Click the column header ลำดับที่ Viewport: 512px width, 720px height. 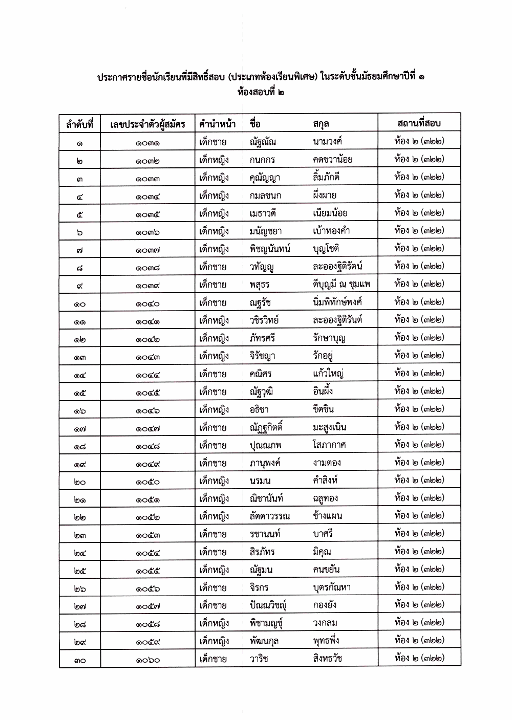coord(79,124)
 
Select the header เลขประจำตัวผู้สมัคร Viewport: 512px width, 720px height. coord(147,124)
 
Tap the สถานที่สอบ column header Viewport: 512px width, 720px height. coord(419,123)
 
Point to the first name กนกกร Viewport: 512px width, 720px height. coord(262,160)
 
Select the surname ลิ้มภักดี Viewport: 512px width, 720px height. coord(326,177)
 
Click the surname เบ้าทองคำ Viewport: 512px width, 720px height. coord(331,230)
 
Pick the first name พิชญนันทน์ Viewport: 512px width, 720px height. coord(270,249)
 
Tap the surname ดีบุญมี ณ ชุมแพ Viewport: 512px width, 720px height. coord(341,284)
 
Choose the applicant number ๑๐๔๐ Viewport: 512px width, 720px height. coord(147,304)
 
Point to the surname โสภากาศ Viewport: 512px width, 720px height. coord(329,445)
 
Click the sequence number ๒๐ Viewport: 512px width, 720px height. coord(79,482)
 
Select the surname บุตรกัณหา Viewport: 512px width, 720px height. coord(331,587)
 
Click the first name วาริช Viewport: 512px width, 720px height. coord(259,659)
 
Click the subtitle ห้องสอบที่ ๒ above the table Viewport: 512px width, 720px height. coord(261,93)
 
